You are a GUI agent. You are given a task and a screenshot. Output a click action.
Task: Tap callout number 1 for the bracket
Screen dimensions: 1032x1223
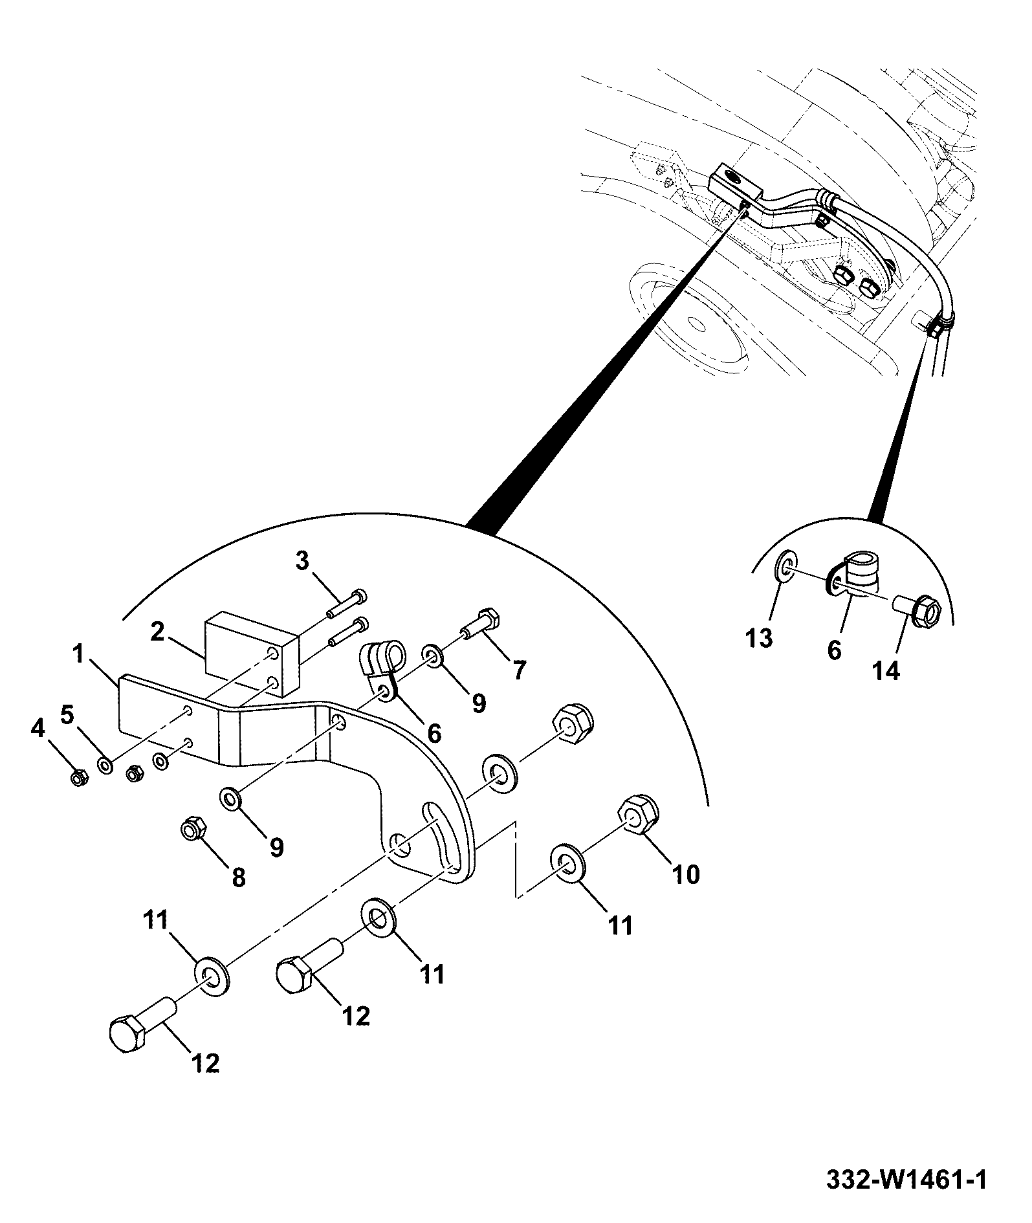pos(78,654)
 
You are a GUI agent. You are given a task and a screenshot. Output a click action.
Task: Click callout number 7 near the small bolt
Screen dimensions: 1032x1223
pos(520,670)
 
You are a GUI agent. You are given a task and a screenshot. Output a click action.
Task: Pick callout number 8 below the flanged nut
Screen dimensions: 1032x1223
pos(239,877)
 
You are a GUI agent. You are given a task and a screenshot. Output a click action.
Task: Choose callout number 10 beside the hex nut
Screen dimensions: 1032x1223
pos(686,874)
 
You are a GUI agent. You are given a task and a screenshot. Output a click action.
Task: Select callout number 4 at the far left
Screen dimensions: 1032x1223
pos(38,729)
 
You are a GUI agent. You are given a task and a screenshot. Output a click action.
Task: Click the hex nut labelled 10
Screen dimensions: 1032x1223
pos(639,815)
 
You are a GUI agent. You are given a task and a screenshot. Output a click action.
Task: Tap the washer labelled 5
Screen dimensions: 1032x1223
pos(104,766)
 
